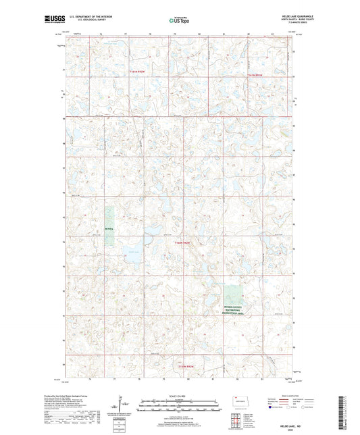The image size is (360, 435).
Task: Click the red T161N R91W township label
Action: (258, 73)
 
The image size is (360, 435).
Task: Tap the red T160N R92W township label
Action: (185, 242)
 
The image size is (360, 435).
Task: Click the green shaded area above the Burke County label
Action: (233, 294)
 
